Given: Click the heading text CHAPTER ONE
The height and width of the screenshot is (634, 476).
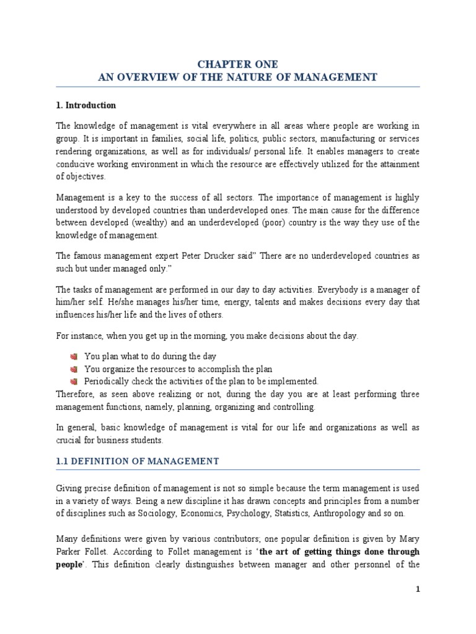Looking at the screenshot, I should (237, 64).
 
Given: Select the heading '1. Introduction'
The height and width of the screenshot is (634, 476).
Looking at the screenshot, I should (86, 105).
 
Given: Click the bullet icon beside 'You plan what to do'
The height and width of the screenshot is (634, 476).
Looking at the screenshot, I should (74, 357).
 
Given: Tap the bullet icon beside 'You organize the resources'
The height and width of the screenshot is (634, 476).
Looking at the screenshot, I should (74, 369).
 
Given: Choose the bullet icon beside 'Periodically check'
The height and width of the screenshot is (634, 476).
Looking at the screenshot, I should (74, 381).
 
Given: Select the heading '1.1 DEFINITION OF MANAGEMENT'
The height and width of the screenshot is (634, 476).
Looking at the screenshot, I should (138, 461).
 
